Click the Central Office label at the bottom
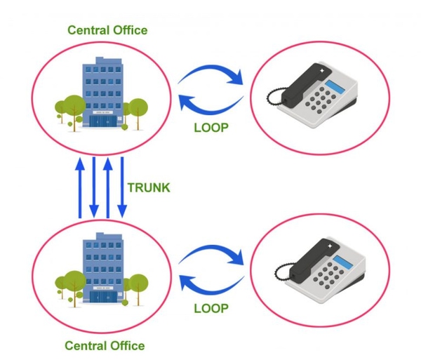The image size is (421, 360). (105, 345)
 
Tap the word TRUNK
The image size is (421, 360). (149, 187)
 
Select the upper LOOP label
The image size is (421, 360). (210, 127)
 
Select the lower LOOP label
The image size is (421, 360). (210, 306)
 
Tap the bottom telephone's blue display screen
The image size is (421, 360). (342, 263)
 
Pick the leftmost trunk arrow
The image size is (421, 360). (80, 187)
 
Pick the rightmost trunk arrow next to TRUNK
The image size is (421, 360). (122, 187)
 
